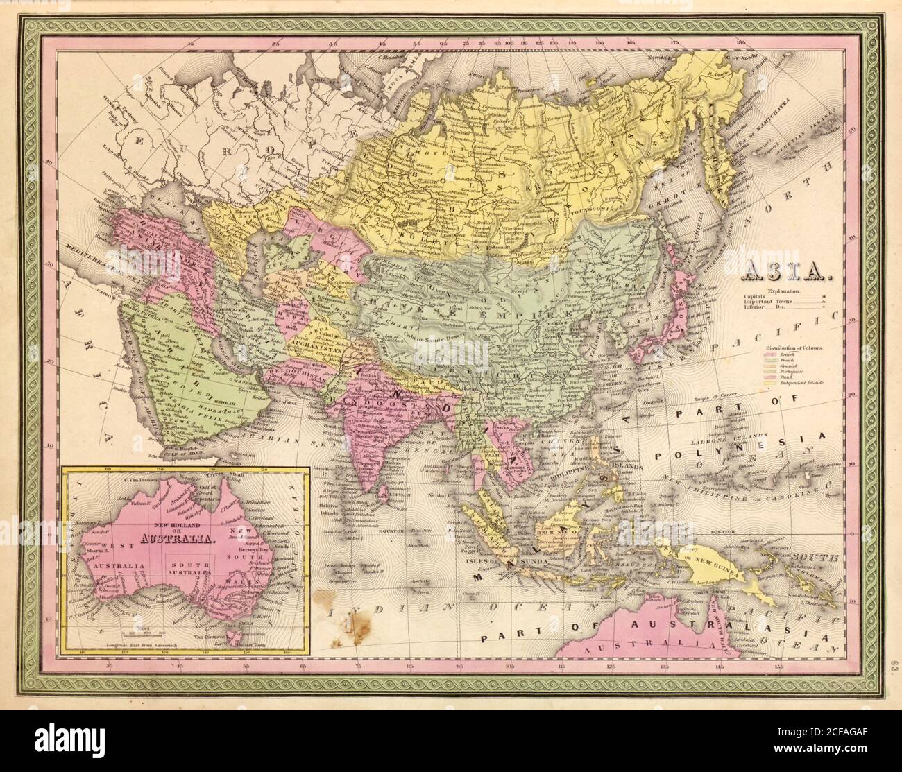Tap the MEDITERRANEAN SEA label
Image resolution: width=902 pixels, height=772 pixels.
click(x=84, y=262)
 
